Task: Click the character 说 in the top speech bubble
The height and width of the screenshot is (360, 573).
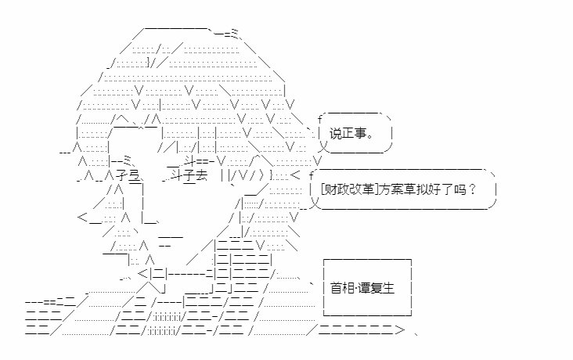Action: (x=336, y=134)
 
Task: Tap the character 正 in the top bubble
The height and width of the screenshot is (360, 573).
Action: (x=348, y=134)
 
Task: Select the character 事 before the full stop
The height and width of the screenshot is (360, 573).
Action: (x=360, y=134)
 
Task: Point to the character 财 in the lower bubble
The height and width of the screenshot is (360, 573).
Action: (x=330, y=189)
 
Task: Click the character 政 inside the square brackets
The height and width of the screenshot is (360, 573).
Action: (x=343, y=189)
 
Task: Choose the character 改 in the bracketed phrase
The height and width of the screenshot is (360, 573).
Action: (x=355, y=189)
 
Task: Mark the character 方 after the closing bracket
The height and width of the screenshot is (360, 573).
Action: (x=384, y=189)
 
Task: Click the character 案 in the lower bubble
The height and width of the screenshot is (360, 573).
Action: (x=397, y=189)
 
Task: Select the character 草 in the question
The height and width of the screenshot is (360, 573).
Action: (x=409, y=189)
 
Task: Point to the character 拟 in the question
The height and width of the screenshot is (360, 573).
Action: (x=421, y=189)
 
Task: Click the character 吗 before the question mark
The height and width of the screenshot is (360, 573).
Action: (x=459, y=189)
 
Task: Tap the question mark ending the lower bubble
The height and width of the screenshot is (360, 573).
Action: (x=471, y=189)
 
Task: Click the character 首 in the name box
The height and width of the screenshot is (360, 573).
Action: (x=336, y=288)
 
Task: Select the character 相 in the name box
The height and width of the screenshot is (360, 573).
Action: (x=348, y=288)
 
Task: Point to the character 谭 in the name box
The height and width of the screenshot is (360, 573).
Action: (x=364, y=288)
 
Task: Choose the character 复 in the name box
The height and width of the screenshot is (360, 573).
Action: (x=377, y=288)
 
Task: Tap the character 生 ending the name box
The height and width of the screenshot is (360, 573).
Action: (x=389, y=288)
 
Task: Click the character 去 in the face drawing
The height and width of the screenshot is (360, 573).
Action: (x=201, y=176)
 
